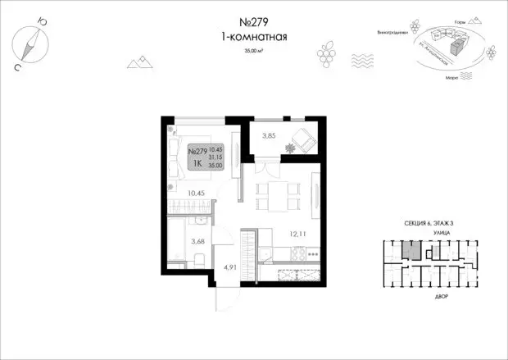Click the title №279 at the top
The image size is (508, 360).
(x=253, y=24)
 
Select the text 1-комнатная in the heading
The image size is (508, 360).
(x=253, y=38)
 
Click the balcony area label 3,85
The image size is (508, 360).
(x=270, y=137)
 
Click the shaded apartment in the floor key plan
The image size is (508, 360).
(x=415, y=250)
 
